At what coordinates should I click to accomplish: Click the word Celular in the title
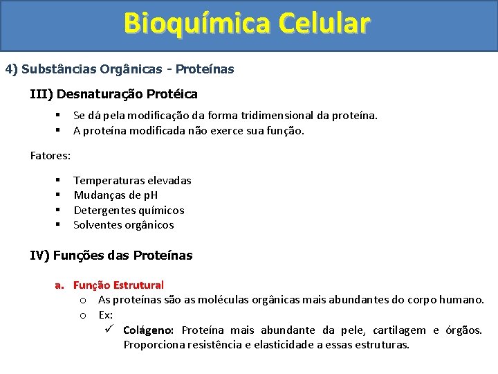[x=324, y=23]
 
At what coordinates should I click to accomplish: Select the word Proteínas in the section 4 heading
[x=205, y=69]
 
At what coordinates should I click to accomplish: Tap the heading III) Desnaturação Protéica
[x=113, y=93]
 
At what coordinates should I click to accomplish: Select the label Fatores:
[x=50, y=155]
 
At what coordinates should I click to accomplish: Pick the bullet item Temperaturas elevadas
[x=132, y=180]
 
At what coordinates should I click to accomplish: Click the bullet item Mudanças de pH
[x=116, y=195]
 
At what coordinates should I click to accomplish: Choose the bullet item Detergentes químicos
[x=129, y=210]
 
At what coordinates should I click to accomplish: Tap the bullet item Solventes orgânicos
[x=124, y=225]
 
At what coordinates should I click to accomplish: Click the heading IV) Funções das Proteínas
[x=111, y=256]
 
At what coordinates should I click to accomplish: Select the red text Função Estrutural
[x=118, y=285]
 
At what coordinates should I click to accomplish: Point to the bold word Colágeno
[x=148, y=330]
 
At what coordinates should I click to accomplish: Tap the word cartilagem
[x=395, y=330]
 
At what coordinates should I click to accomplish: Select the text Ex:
[x=106, y=314]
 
